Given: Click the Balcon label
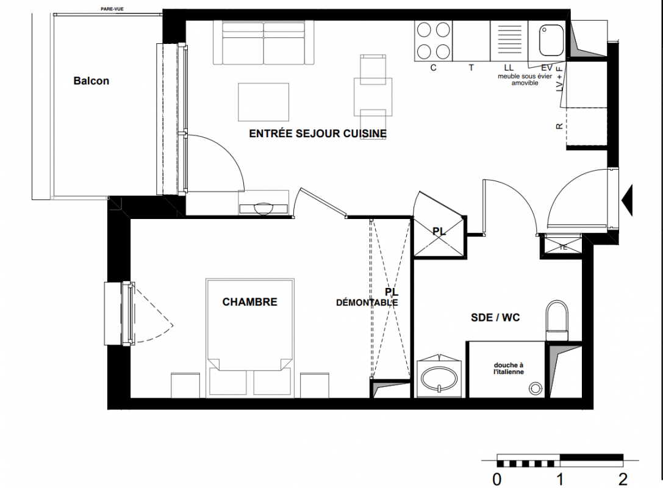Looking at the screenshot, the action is tap(91, 81).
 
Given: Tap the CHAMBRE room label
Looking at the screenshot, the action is tap(250, 302).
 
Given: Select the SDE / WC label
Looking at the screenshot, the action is tap(495, 318).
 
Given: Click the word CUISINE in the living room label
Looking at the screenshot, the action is tap(365, 134).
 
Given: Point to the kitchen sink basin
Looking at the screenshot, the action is tap(551, 40).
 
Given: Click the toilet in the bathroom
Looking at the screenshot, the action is tap(557, 320).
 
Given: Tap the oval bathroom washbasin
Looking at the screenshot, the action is tap(439, 378).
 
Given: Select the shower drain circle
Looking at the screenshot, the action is tap(536, 388).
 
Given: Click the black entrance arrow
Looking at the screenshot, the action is tap(628, 200).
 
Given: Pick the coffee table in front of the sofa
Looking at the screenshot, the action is tap(263, 102).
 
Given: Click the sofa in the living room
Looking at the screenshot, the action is tap(264, 43).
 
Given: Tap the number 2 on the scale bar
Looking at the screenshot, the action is tap(623, 479).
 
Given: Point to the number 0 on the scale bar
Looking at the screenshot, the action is tap(497, 479).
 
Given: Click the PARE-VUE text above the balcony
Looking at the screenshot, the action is tap(112, 9).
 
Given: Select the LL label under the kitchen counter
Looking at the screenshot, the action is tap(509, 68).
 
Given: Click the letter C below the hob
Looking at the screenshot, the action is tap(434, 68).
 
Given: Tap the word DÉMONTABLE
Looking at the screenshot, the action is tap(367, 303).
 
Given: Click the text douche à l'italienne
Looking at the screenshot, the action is tap(509, 368).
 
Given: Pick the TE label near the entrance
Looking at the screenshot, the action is tap(563, 248).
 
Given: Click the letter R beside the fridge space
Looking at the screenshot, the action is tap(559, 126).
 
